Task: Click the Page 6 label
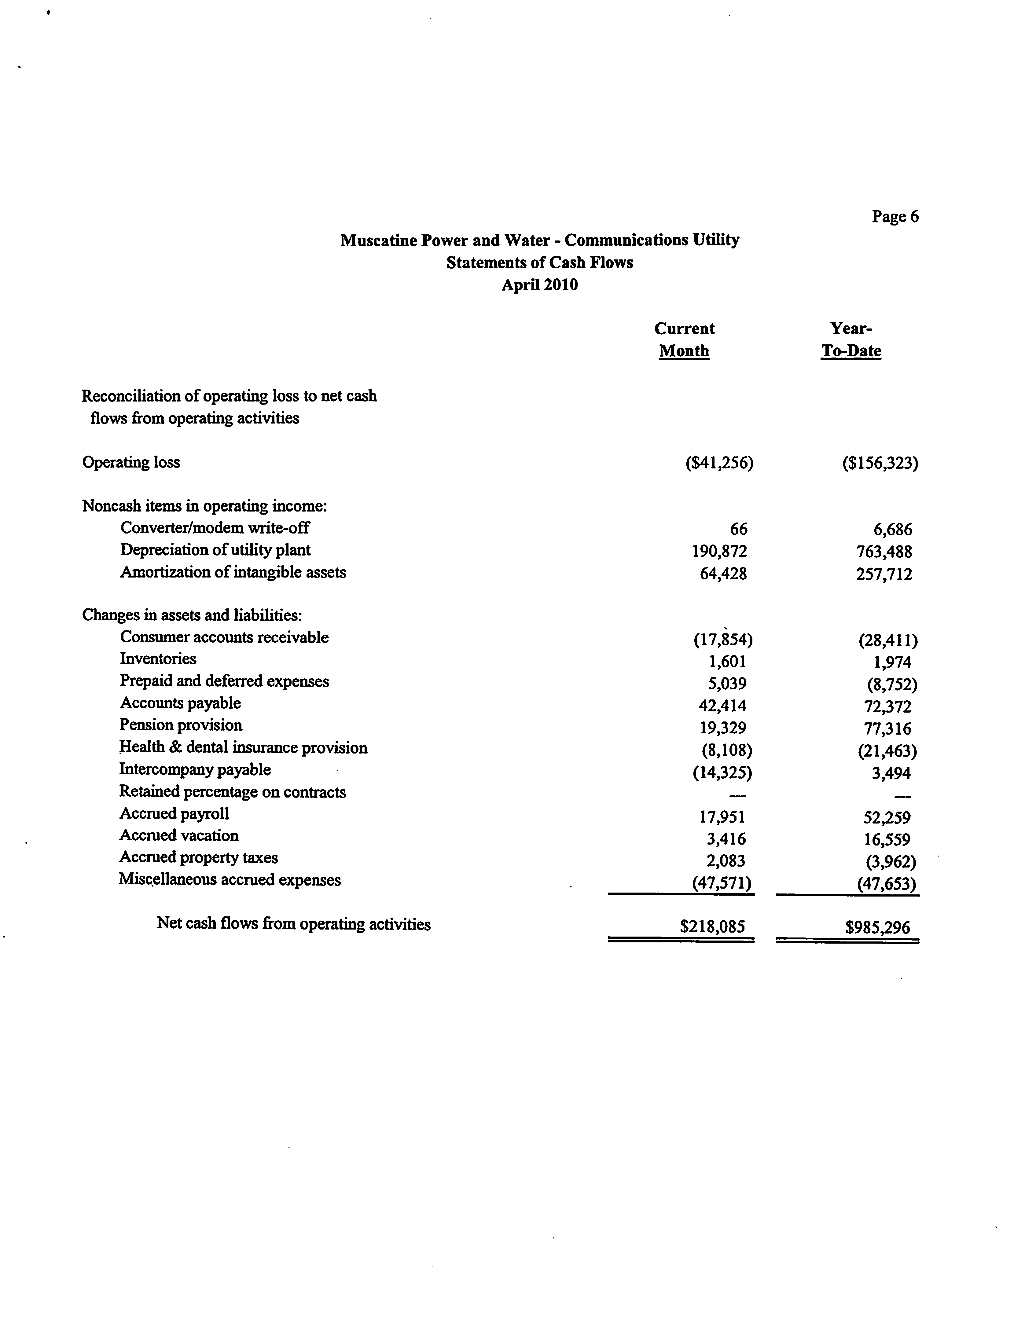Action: point(895,216)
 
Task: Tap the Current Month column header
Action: point(684,340)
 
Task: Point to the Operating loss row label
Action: point(131,462)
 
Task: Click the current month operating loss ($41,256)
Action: point(719,463)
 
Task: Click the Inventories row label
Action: point(158,659)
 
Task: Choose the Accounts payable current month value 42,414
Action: point(722,706)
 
